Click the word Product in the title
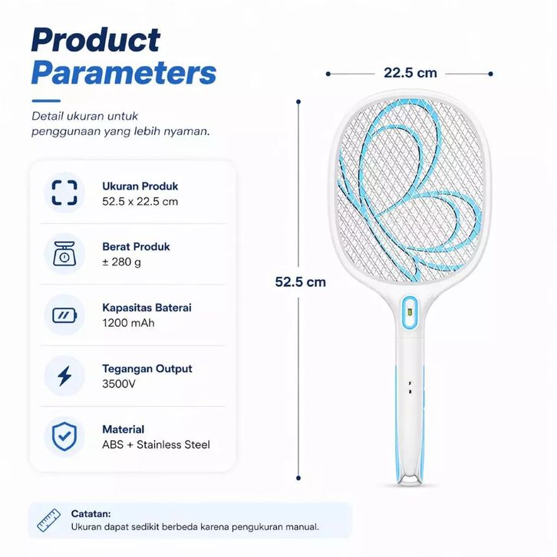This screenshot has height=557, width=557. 96,40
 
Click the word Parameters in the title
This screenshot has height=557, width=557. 124,72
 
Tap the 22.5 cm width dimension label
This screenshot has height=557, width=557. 410,73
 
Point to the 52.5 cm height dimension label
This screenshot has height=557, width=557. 300,282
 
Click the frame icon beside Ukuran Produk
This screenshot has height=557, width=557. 64,193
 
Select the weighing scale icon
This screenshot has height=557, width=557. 64,254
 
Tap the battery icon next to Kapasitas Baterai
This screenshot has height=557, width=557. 64,315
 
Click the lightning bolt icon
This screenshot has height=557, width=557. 64,376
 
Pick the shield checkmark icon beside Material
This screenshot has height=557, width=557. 64,437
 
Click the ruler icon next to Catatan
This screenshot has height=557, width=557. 48,520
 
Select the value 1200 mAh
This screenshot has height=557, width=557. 128,323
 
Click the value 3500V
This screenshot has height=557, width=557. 119,384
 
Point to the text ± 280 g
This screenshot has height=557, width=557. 121,262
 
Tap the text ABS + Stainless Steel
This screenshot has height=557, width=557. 156,445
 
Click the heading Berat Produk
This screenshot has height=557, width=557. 136,246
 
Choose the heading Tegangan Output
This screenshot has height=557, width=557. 147,369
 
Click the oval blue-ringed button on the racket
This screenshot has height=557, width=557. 410,312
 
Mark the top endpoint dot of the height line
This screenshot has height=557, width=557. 298,102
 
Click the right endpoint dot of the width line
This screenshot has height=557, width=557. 490,74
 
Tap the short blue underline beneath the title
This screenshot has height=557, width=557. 46,101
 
